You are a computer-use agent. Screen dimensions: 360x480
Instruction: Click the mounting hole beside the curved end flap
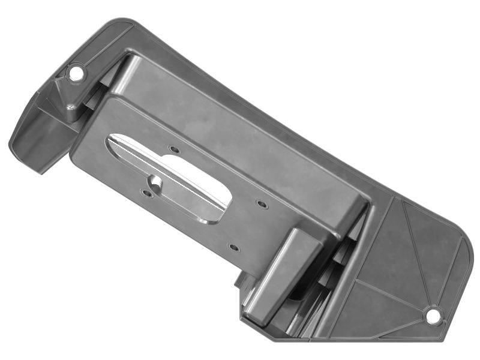(x=76, y=73)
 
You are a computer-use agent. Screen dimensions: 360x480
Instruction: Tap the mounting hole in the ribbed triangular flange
(x=432, y=314)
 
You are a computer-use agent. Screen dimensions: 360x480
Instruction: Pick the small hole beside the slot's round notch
(x=147, y=193)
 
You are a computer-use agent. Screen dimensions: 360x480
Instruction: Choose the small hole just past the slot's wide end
(x=260, y=204)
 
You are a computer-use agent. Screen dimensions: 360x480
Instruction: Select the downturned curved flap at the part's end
(x=36, y=141)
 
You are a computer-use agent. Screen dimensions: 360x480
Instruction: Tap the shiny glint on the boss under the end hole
(x=71, y=108)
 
